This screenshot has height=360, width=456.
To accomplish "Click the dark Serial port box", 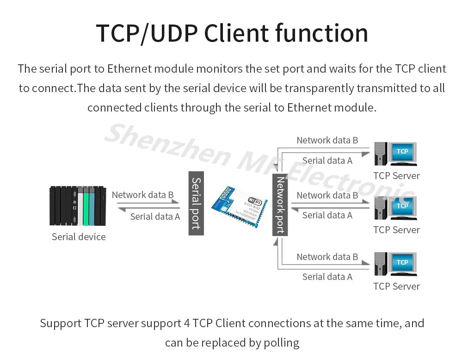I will pos(196,203).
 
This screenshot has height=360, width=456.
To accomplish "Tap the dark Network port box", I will pos(280,205).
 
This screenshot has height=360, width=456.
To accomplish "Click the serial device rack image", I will pos(78,205).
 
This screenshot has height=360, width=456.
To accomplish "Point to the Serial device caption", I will pos(79,237).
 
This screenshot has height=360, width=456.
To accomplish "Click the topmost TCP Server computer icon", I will pos(395,154).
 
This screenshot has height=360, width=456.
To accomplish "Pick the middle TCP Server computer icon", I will pos(395,208).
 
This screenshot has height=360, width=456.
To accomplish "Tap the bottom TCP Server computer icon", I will pos(395,264).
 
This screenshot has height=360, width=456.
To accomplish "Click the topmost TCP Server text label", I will pos(396,176).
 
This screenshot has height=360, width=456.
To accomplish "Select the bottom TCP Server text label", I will pos(396,286).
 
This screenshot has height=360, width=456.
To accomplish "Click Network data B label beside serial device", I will pos(142,195).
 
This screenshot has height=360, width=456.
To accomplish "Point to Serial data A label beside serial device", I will pos(155,217).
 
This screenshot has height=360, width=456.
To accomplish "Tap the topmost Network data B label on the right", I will pos(327,140).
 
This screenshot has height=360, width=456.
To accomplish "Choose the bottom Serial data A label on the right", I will pos(327,277).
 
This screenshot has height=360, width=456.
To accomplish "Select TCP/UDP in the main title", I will pos(146,33).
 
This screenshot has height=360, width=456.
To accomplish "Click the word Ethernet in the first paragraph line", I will pos(129,69).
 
